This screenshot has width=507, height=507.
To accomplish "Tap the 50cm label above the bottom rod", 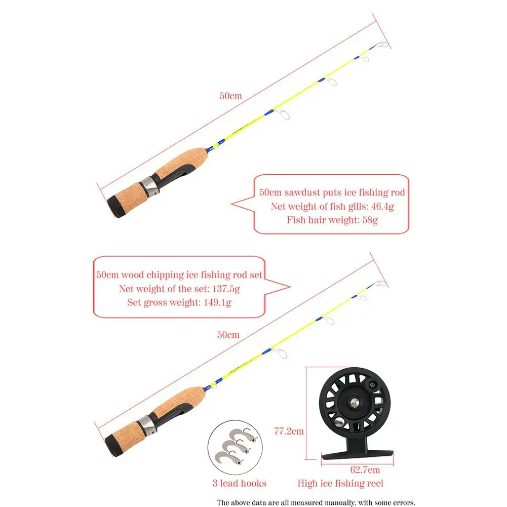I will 228,335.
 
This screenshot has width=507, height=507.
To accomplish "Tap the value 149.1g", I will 217,302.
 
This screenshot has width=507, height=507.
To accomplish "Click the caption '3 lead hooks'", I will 239,483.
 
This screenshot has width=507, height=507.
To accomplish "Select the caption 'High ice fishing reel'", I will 340,483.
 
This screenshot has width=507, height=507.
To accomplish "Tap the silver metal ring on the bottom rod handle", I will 148,424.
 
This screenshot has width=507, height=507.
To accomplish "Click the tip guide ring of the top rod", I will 383,44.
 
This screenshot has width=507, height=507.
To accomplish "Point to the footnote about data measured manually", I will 316,502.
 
